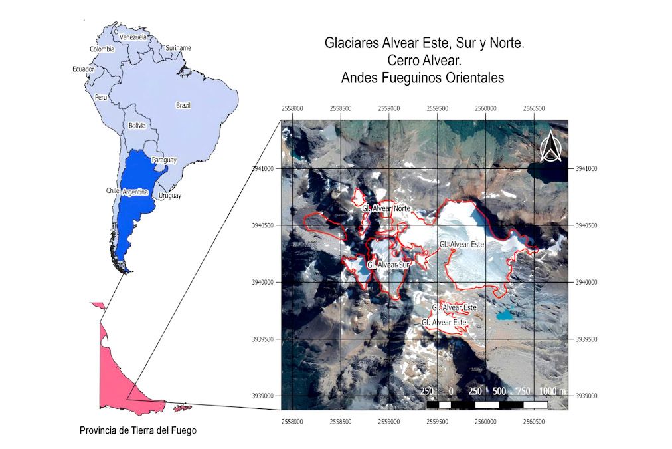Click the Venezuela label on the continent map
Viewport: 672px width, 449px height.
(133, 37)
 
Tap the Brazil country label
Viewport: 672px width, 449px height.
(183, 106)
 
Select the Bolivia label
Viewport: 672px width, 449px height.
(137, 125)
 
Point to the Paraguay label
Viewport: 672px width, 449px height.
(164, 160)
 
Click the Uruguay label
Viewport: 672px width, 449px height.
(169, 196)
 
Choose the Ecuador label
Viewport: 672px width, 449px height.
(83, 69)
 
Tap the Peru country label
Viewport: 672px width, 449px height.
(101, 97)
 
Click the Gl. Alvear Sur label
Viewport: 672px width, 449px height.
(389, 265)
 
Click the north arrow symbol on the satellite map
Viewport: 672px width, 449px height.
(550, 147)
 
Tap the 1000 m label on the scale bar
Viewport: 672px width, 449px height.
(552, 390)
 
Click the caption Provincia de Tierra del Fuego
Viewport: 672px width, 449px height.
(138, 430)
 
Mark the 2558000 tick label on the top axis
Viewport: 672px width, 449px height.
(293, 108)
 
